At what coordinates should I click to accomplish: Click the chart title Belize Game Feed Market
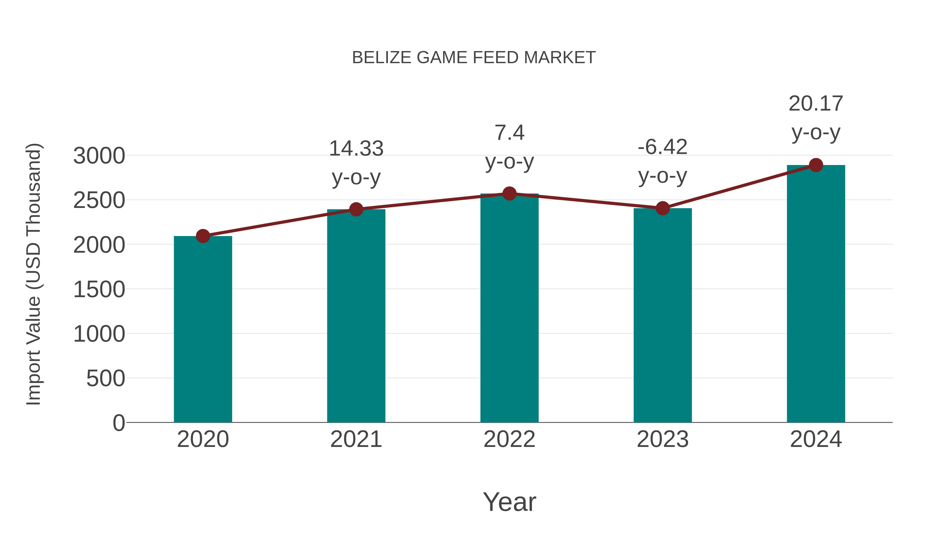[x=474, y=58]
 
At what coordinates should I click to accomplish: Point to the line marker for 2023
[x=663, y=208]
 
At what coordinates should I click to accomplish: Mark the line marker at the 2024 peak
[x=816, y=165]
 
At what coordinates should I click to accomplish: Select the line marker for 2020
[x=203, y=236]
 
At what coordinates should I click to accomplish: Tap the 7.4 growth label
[x=509, y=133]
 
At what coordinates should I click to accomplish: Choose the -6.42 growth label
[x=663, y=147]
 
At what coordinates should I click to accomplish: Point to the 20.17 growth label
[x=816, y=104]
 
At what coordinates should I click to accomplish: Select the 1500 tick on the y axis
[x=99, y=290]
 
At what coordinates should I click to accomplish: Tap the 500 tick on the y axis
[x=106, y=378]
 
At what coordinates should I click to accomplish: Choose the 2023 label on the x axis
[x=663, y=439]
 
